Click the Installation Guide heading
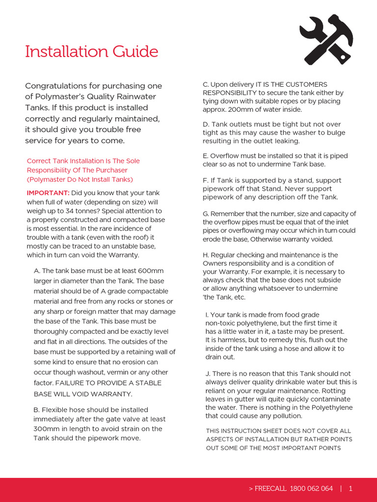point(92,51)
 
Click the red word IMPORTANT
point(48,192)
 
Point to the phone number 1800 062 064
point(311,488)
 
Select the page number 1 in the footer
point(350,488)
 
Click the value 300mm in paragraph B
point(46,428)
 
